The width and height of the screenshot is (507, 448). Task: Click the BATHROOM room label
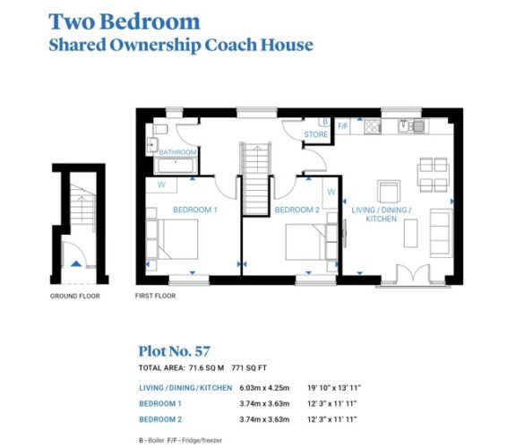[x=178, y=152]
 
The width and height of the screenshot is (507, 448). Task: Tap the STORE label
[x=316, y=134]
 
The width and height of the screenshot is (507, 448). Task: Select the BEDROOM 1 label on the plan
[x=195, y=210]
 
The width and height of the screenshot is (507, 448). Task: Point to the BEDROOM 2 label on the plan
[x=296, y=210]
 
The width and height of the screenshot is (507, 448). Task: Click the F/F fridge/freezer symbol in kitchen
[x=343, y=125]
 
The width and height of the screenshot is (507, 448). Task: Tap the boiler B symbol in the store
[x=325, y=122]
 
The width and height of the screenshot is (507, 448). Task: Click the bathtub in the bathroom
[x=176, y=165]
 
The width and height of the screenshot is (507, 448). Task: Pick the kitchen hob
[x=373, y=126]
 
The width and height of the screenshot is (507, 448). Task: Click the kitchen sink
[x=414, y=125]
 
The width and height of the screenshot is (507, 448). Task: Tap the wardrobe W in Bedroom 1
[x=161, y=185]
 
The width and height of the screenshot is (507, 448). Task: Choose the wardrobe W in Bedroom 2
[x=331, y=192]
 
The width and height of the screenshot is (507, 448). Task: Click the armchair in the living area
[x=389, y=192]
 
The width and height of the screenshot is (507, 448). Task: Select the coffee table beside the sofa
[x=410, y=233]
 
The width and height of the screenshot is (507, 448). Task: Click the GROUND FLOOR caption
[x=75, y=296]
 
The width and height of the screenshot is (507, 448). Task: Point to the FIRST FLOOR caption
[x=156, y=296]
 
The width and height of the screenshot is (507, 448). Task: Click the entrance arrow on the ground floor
[x=76, y=263]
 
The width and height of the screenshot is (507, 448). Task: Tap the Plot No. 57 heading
[x=175, y=351]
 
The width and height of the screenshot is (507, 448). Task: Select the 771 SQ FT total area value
[x=249, y=367]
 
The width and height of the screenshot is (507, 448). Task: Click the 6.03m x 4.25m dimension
[x=264, y=387]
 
